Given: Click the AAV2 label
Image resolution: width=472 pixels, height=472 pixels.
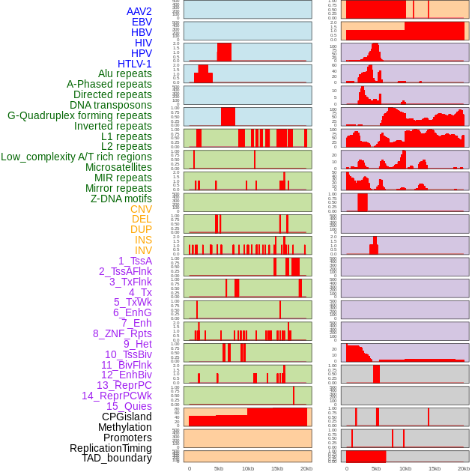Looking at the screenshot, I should (x=139, y=11).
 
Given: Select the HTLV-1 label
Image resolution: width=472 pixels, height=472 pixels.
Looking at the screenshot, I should (x=134, y=64).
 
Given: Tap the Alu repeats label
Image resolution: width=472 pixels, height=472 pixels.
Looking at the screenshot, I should (x=124, y=73).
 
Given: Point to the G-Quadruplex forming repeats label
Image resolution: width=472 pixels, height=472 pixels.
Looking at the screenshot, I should (x=79, y=115).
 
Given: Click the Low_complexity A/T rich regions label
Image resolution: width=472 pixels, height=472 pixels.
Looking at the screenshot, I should (x=76, y=157).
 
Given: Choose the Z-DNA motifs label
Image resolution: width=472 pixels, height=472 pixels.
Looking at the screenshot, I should (x=121, y=199).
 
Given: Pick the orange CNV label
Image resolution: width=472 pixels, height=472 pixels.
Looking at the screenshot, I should (x=141, y=209).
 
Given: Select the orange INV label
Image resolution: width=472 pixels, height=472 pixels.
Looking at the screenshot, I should (x=143, y=250).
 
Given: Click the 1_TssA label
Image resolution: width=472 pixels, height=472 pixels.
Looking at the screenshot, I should (x=135, y=261).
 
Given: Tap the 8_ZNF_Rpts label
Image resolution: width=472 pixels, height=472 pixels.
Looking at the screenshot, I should (x=122, y=333).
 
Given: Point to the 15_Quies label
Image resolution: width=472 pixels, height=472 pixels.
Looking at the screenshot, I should (x=129, y=406).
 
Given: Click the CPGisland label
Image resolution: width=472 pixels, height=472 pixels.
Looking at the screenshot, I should (x=127, y=417).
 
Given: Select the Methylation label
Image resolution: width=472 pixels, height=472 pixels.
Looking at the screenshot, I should (x=124, y=427).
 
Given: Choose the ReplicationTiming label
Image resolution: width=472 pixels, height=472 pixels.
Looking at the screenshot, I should (x=110, y=448).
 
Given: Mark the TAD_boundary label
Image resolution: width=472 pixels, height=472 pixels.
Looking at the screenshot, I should (x=116, y=458).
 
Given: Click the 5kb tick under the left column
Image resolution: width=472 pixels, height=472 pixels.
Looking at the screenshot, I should (x=219, y=468).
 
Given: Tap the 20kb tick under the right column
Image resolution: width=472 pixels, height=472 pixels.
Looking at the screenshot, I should (x=464, y=468).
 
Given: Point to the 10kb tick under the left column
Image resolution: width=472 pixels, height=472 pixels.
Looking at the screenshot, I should (x=248, y=468).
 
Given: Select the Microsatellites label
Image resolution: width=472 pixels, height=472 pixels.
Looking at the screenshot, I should (x=118, y=167).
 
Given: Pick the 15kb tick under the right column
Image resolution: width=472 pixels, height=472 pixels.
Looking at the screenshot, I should (x=435, y=468).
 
